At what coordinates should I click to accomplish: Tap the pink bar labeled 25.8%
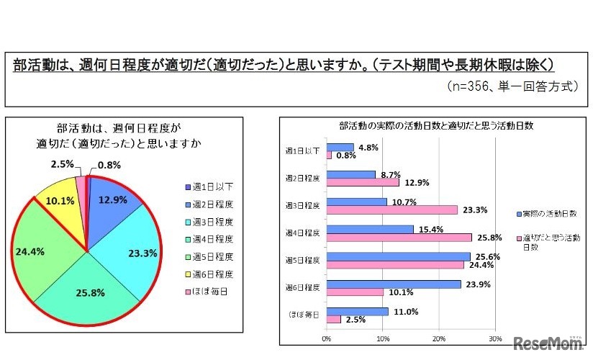tap(399, 237)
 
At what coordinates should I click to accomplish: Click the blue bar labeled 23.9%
tap(394, 284)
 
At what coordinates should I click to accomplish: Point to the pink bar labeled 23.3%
tap(391, 210)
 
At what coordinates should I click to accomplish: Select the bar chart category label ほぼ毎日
tap(302, 315)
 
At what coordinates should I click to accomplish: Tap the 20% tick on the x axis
tap(438, 338)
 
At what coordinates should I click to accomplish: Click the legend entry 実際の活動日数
tap(550, 214)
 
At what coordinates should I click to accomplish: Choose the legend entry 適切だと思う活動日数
tap(550, 241)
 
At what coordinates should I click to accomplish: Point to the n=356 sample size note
tap(512, 85)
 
